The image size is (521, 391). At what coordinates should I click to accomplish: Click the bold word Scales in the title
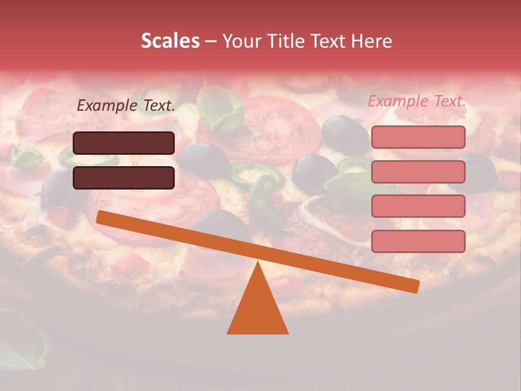pyautogui.click(x=170, y=41)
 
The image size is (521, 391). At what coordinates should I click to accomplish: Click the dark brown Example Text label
pyautogui.click(x=126, y=106)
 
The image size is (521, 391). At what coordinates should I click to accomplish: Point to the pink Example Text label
pyautogui.click(x=417, y=101)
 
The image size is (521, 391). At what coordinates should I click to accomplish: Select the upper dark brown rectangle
pyautogui.click(x=124, y=143)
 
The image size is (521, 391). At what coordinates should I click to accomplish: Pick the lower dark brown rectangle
pyautogui.click(x=124, y=178)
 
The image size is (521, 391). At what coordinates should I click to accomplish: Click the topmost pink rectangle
pyautogui.click(x=418, y=137)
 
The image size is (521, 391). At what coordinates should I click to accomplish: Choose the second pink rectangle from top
pyautogui.click(x=418, y=172)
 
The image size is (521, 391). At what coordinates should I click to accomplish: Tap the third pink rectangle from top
pyautogui.click(x=418, y=206)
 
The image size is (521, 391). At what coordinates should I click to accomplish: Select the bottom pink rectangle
pyautogui.click(x=418, y=241)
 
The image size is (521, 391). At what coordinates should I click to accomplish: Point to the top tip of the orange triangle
pyautogui.click(x=258, y=263)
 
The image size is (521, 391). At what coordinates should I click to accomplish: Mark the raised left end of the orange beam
pyautogui.click(x=101, y=217)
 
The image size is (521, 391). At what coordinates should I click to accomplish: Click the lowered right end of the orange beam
pyautogui.click(x=415, y=286)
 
